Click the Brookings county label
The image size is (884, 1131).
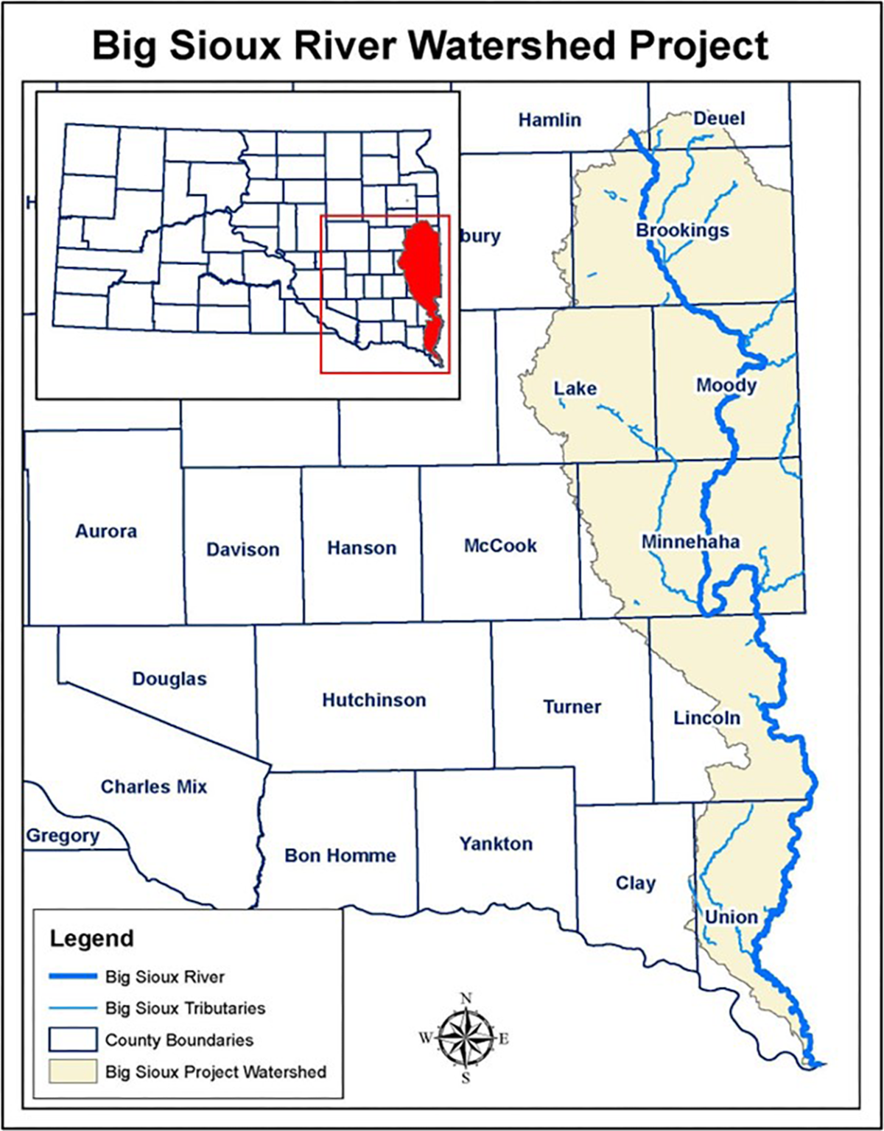click(682, 230)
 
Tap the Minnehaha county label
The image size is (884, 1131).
click(690, 543)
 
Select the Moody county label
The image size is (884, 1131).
click(726, 385)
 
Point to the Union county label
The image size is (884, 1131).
click(731, 917)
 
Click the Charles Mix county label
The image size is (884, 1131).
click(154, 786)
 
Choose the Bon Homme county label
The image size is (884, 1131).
click(340, 855)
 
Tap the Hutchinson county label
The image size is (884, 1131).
click(374, 700)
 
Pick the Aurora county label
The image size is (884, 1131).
click(106, 531)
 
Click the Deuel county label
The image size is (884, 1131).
click(719, 119)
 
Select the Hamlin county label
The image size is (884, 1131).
click(550, 119)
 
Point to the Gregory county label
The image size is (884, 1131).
click(63, 836)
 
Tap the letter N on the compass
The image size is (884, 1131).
click(466, 999)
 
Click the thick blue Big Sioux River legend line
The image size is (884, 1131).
click(73, 976)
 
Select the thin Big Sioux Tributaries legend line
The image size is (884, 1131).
click(73, 1008)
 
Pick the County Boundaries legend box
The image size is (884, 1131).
click(73, 1040)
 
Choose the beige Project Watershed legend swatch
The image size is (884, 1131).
click(73, 1071)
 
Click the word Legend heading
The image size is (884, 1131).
click(92, 939)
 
